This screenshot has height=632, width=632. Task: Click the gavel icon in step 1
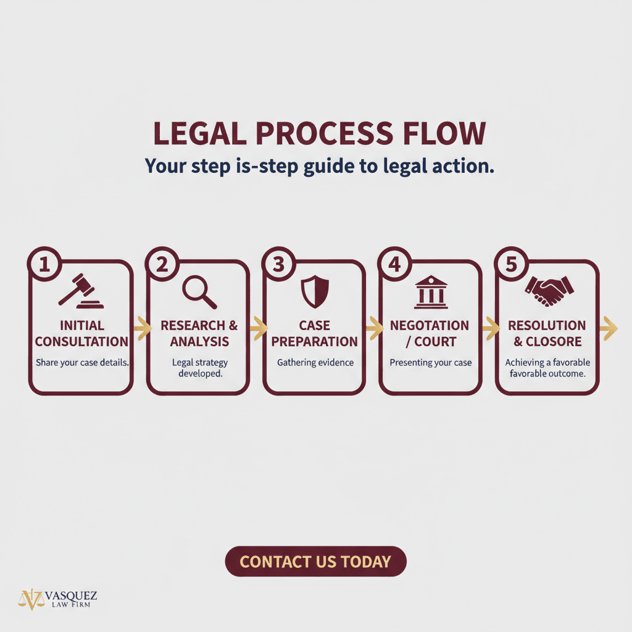click(x=81, y=291)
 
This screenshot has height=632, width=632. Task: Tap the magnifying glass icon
click(x=199, y=292)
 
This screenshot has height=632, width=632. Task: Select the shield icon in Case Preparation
click(x=315, y=291)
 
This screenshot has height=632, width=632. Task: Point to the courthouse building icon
click(x=431, y=292)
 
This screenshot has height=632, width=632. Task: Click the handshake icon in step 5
click(x=549, y=291)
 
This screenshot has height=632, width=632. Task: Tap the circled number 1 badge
click(x=44, y=264)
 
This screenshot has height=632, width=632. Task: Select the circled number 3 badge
click(x=278, y=264)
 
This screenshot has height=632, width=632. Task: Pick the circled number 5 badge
click(x=511, y=264)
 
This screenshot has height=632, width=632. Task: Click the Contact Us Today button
click(x=315, y=561)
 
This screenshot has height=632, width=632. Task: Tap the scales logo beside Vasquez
click(x=31, y=599)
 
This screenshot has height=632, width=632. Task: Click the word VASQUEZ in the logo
click(x=71, y=596)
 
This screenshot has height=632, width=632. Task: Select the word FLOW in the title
click(x=444, y=133)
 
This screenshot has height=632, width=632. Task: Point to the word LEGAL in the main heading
click(x=200, y=133)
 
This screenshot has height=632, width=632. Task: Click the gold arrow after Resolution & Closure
click(x=609, y=328)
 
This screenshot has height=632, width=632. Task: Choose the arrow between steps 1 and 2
click(x=143, y=328)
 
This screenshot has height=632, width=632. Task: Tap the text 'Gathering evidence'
click(x=315, y=362)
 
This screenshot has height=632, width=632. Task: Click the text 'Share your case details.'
click(x=82, y=362)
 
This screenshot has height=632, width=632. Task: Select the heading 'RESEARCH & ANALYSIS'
click(x=199, y=333)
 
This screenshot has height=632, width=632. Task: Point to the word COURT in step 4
click(x=435, y=341)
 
